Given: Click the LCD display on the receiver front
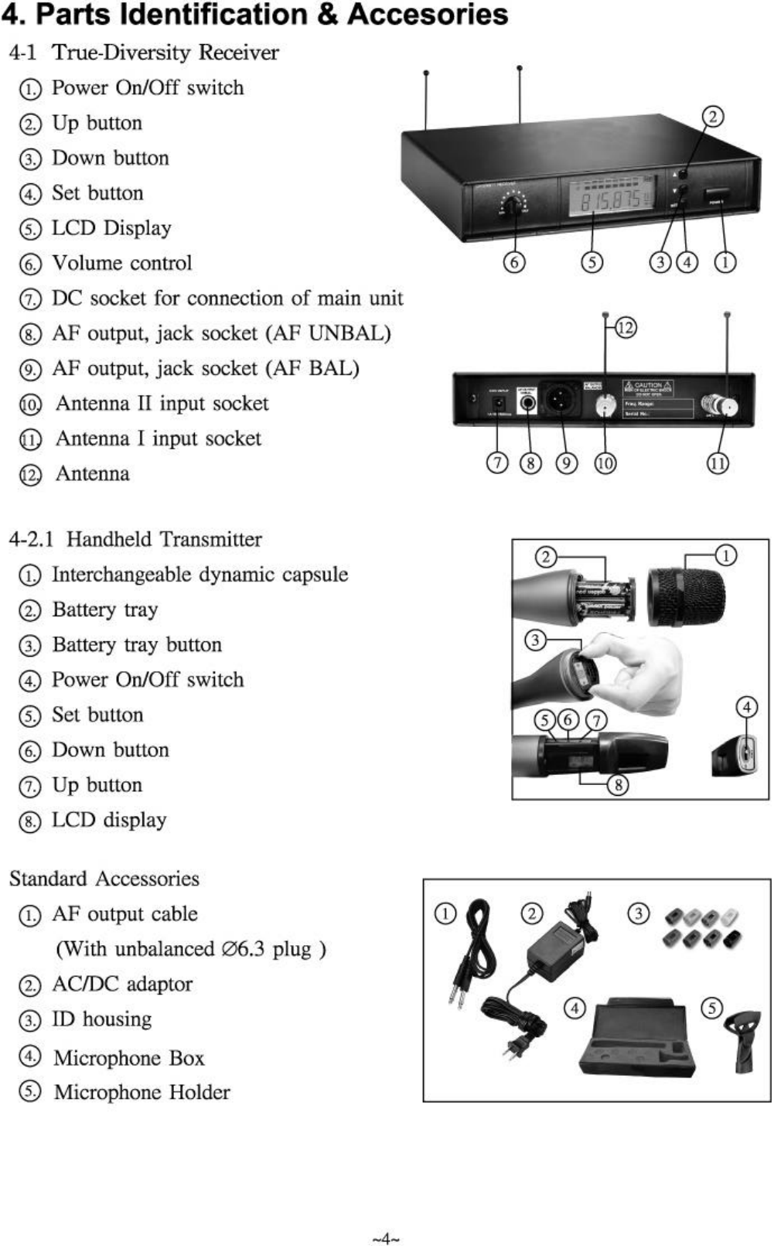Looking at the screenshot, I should click(611, 200).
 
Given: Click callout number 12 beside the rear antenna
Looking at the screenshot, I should click(626, 328).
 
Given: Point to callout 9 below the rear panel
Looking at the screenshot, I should click(568, 463).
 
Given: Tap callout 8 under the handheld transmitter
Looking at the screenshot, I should click(617, 785).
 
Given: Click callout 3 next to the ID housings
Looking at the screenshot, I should click(638, 913).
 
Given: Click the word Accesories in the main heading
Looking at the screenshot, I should click(428, 15).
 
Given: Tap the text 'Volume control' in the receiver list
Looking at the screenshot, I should click(121, 263).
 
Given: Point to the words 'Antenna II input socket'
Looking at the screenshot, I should click(162, 403).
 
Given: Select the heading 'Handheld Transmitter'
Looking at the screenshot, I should click(164, 539).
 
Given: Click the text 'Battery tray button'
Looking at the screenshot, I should click(136, 644).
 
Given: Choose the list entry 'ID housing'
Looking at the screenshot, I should click(101, 1019).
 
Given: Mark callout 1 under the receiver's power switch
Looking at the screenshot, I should click(725, 262).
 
